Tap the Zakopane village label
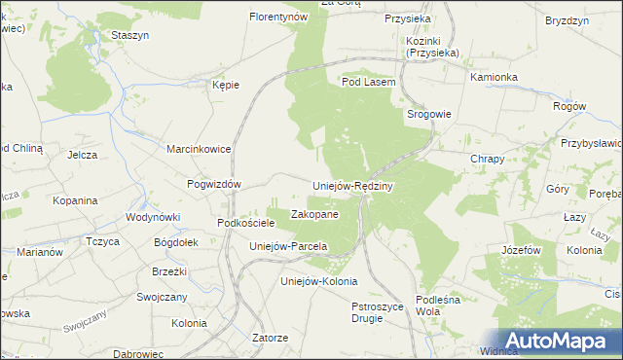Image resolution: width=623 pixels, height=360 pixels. click(x=314, y=214)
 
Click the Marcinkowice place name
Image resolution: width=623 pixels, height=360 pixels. click(x=199, y=150)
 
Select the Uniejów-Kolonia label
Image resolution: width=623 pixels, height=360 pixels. click(x=312, y=281)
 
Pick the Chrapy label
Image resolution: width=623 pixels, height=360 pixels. click(x=487, y=159)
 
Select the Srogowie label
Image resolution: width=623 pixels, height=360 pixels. click(x=428, y=114)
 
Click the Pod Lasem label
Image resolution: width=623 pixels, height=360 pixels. click(x=368, y=83)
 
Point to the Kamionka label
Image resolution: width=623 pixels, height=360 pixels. click(x=494, y=76)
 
